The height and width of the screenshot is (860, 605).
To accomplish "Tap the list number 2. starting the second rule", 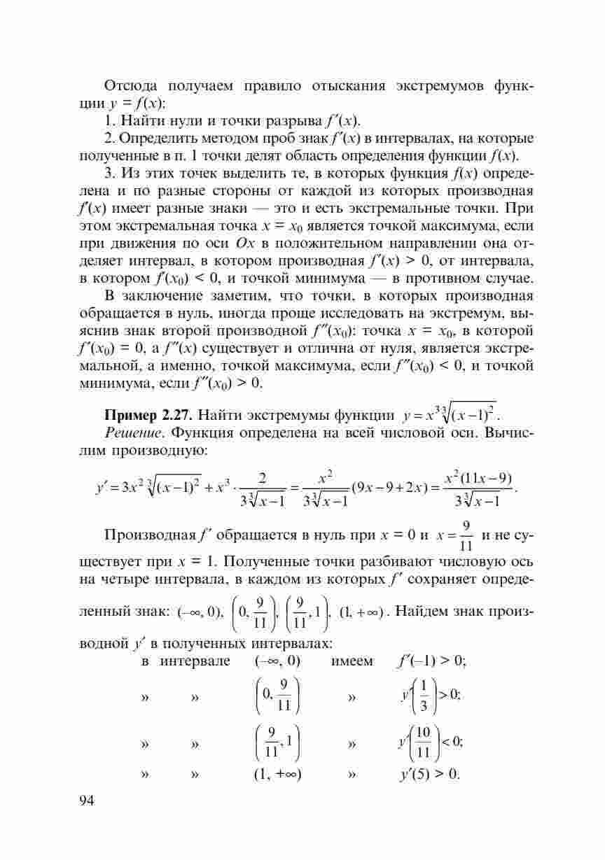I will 109,138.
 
